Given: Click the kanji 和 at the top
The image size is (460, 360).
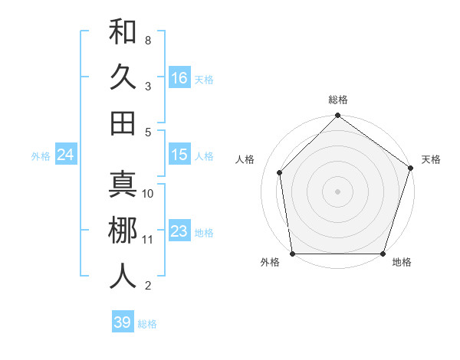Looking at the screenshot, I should tap(123, 34).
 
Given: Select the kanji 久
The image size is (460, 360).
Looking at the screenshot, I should tap(123, 78).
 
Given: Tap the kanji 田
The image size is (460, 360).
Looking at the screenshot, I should tap(123, 123).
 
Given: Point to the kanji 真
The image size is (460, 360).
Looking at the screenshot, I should tap(123, 186).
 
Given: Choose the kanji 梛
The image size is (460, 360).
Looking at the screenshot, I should tap(123, 231).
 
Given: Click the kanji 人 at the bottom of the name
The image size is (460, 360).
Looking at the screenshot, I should tap(123, 277).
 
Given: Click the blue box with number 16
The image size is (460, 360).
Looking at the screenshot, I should tap(179, 77).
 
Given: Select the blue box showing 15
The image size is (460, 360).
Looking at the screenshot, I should tap(179, 155).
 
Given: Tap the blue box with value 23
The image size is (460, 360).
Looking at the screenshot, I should tap(179, 231).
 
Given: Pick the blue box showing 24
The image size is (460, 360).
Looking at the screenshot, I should tap(65, 155).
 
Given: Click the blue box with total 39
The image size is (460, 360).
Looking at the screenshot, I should tap(122, 322).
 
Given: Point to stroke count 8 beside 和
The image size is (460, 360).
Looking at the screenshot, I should tap(147, 40).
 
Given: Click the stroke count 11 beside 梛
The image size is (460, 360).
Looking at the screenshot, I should tap(148, 239).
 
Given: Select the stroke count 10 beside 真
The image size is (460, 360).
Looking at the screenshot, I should tap(148, 194).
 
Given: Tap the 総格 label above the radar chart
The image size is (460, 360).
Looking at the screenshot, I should tap(338, 100).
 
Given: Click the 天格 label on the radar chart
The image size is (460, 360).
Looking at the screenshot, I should tap(431, 159).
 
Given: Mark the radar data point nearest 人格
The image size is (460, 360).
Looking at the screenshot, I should tap(280, 172).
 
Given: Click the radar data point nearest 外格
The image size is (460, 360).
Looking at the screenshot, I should tap(293, 254).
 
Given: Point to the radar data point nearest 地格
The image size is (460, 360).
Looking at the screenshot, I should tap(383, 254).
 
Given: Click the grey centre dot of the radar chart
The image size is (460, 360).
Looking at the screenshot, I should tap(338, 191).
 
